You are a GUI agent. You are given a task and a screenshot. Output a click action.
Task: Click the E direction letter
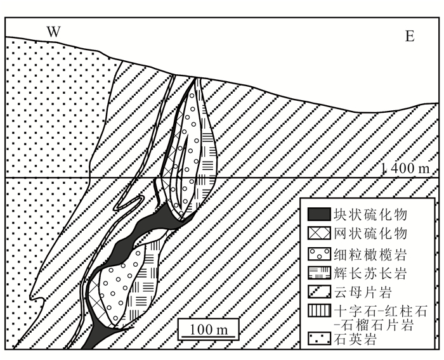pyautogui.click(x=410, y=36)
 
